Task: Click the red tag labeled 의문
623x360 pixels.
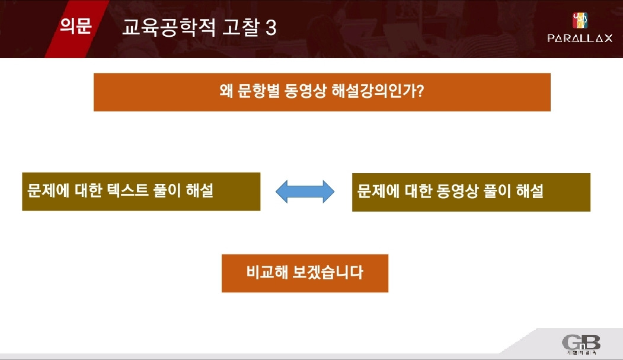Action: pos(75,27)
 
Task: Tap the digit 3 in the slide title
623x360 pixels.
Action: pos(271,28)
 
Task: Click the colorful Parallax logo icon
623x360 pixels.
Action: pos(579,20)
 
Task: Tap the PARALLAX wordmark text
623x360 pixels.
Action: pos(579,38)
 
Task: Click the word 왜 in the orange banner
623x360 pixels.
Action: pos(226,93)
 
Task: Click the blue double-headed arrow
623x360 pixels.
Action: pos(305,191)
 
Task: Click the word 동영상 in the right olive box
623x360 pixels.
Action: pos(454,191)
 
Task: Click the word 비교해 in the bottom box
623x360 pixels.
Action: pos(266,273)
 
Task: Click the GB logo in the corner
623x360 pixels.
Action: pos(581,343)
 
